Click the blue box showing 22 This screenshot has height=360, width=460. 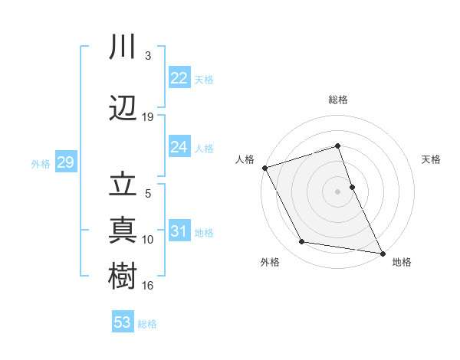click(179, 78)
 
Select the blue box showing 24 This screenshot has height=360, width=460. click(179, 147)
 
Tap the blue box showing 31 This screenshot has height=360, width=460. click(179, 231)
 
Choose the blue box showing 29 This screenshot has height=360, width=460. click(65, 162)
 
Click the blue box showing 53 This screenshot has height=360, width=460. click(123, 322)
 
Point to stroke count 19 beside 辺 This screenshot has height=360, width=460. click(148, 117)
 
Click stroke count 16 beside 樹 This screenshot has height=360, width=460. click(148, 286)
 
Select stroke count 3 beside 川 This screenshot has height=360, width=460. click(148, 56)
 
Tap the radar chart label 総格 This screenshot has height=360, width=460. click(337, 100)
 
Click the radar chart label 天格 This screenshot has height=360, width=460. click(432, 159)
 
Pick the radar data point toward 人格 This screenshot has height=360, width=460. click(264, 167)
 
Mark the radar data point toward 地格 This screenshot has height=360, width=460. click(382, 252)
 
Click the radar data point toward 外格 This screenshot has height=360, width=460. click(302, 242)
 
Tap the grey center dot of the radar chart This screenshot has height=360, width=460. click(337, 191)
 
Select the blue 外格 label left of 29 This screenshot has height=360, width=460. click(41, 163)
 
